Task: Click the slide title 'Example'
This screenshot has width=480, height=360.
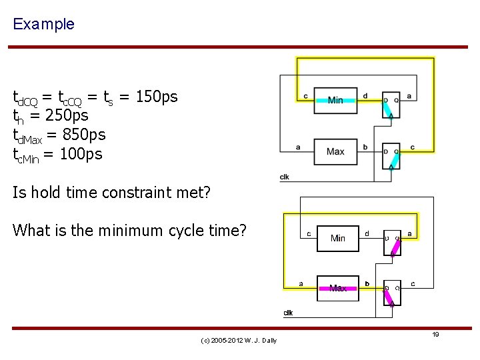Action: (43, 24)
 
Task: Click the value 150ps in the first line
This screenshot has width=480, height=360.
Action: (157, 97)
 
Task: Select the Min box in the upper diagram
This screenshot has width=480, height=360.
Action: (335, 100)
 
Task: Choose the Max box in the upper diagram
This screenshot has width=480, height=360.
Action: (335, 151)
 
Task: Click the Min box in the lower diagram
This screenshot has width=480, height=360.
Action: (338, 237)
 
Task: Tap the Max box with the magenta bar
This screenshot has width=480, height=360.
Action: (338, 287)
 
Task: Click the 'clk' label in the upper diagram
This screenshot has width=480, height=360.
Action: (285, 177)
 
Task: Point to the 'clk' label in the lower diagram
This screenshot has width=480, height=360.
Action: (288, 313)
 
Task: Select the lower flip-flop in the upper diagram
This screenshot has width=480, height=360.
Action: (391, 156)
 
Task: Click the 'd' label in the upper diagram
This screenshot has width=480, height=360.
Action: (365, 95)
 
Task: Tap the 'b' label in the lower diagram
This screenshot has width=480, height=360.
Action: (366, 283)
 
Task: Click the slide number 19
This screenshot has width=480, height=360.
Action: (435, 334)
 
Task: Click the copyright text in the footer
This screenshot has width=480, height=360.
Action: (238, 341)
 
